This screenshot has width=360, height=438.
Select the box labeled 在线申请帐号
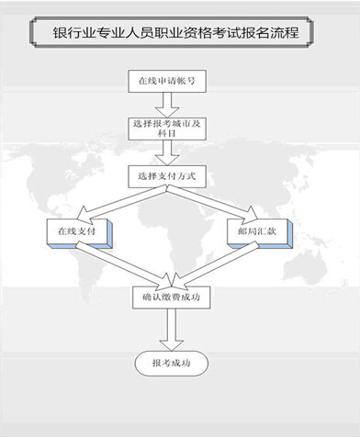click(166, 80)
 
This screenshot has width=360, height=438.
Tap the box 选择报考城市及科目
click(166, 126)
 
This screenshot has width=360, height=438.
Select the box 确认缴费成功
click(166, 298)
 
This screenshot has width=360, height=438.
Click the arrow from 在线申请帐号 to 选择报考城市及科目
click(166, 102)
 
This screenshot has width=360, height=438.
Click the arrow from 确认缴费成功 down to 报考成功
click(167, 330)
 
